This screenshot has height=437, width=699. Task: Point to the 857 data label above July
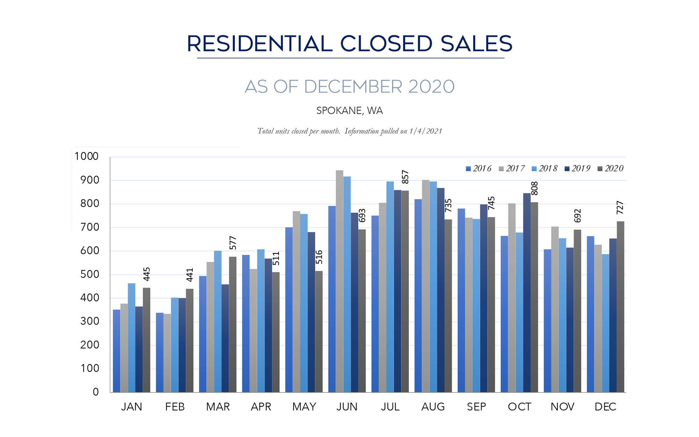(405, 177)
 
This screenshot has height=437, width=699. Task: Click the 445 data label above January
(147, 274)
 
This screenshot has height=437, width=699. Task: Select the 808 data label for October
(534, 188)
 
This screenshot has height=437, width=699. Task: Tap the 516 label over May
(319, 257)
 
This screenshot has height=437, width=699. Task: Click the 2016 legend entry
(478, 169)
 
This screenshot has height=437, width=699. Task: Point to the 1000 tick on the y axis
(86, 156)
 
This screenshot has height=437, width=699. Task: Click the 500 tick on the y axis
(89, 274)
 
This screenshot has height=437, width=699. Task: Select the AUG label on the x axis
(433, 407)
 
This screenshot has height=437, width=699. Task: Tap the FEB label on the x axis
(175, 407)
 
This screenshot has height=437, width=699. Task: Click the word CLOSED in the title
(386, 44)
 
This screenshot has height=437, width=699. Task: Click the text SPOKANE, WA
(349, 111)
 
